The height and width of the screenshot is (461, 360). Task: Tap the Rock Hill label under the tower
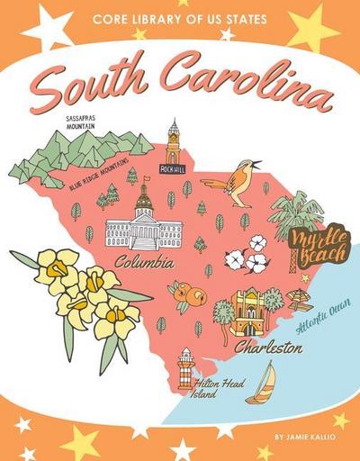click(x=171, y=168)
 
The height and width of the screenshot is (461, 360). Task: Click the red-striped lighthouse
click(x=185, y=366)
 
